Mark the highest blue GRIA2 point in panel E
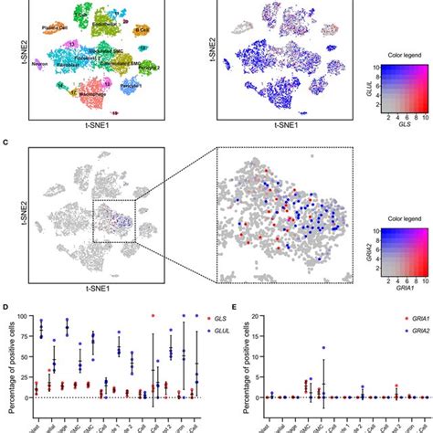(x=322, y=347)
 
